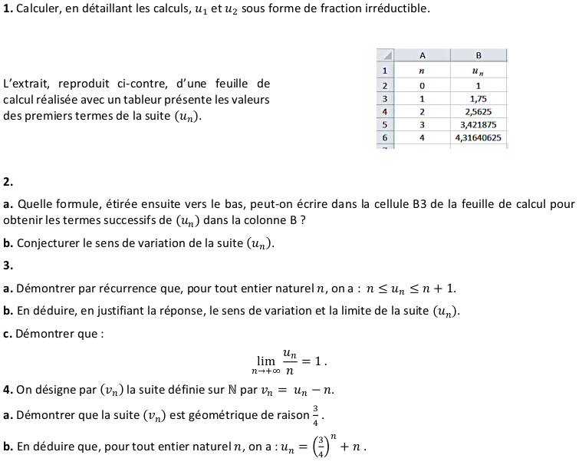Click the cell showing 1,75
(478, 99)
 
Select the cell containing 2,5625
(478, 111)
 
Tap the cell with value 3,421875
(478, 124)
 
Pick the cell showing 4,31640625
(478, 137)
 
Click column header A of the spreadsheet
(422, 55)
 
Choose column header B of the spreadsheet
(478, 55)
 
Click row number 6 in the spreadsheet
(384, 137)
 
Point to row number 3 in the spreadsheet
(384, 99)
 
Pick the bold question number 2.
(8, 182)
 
